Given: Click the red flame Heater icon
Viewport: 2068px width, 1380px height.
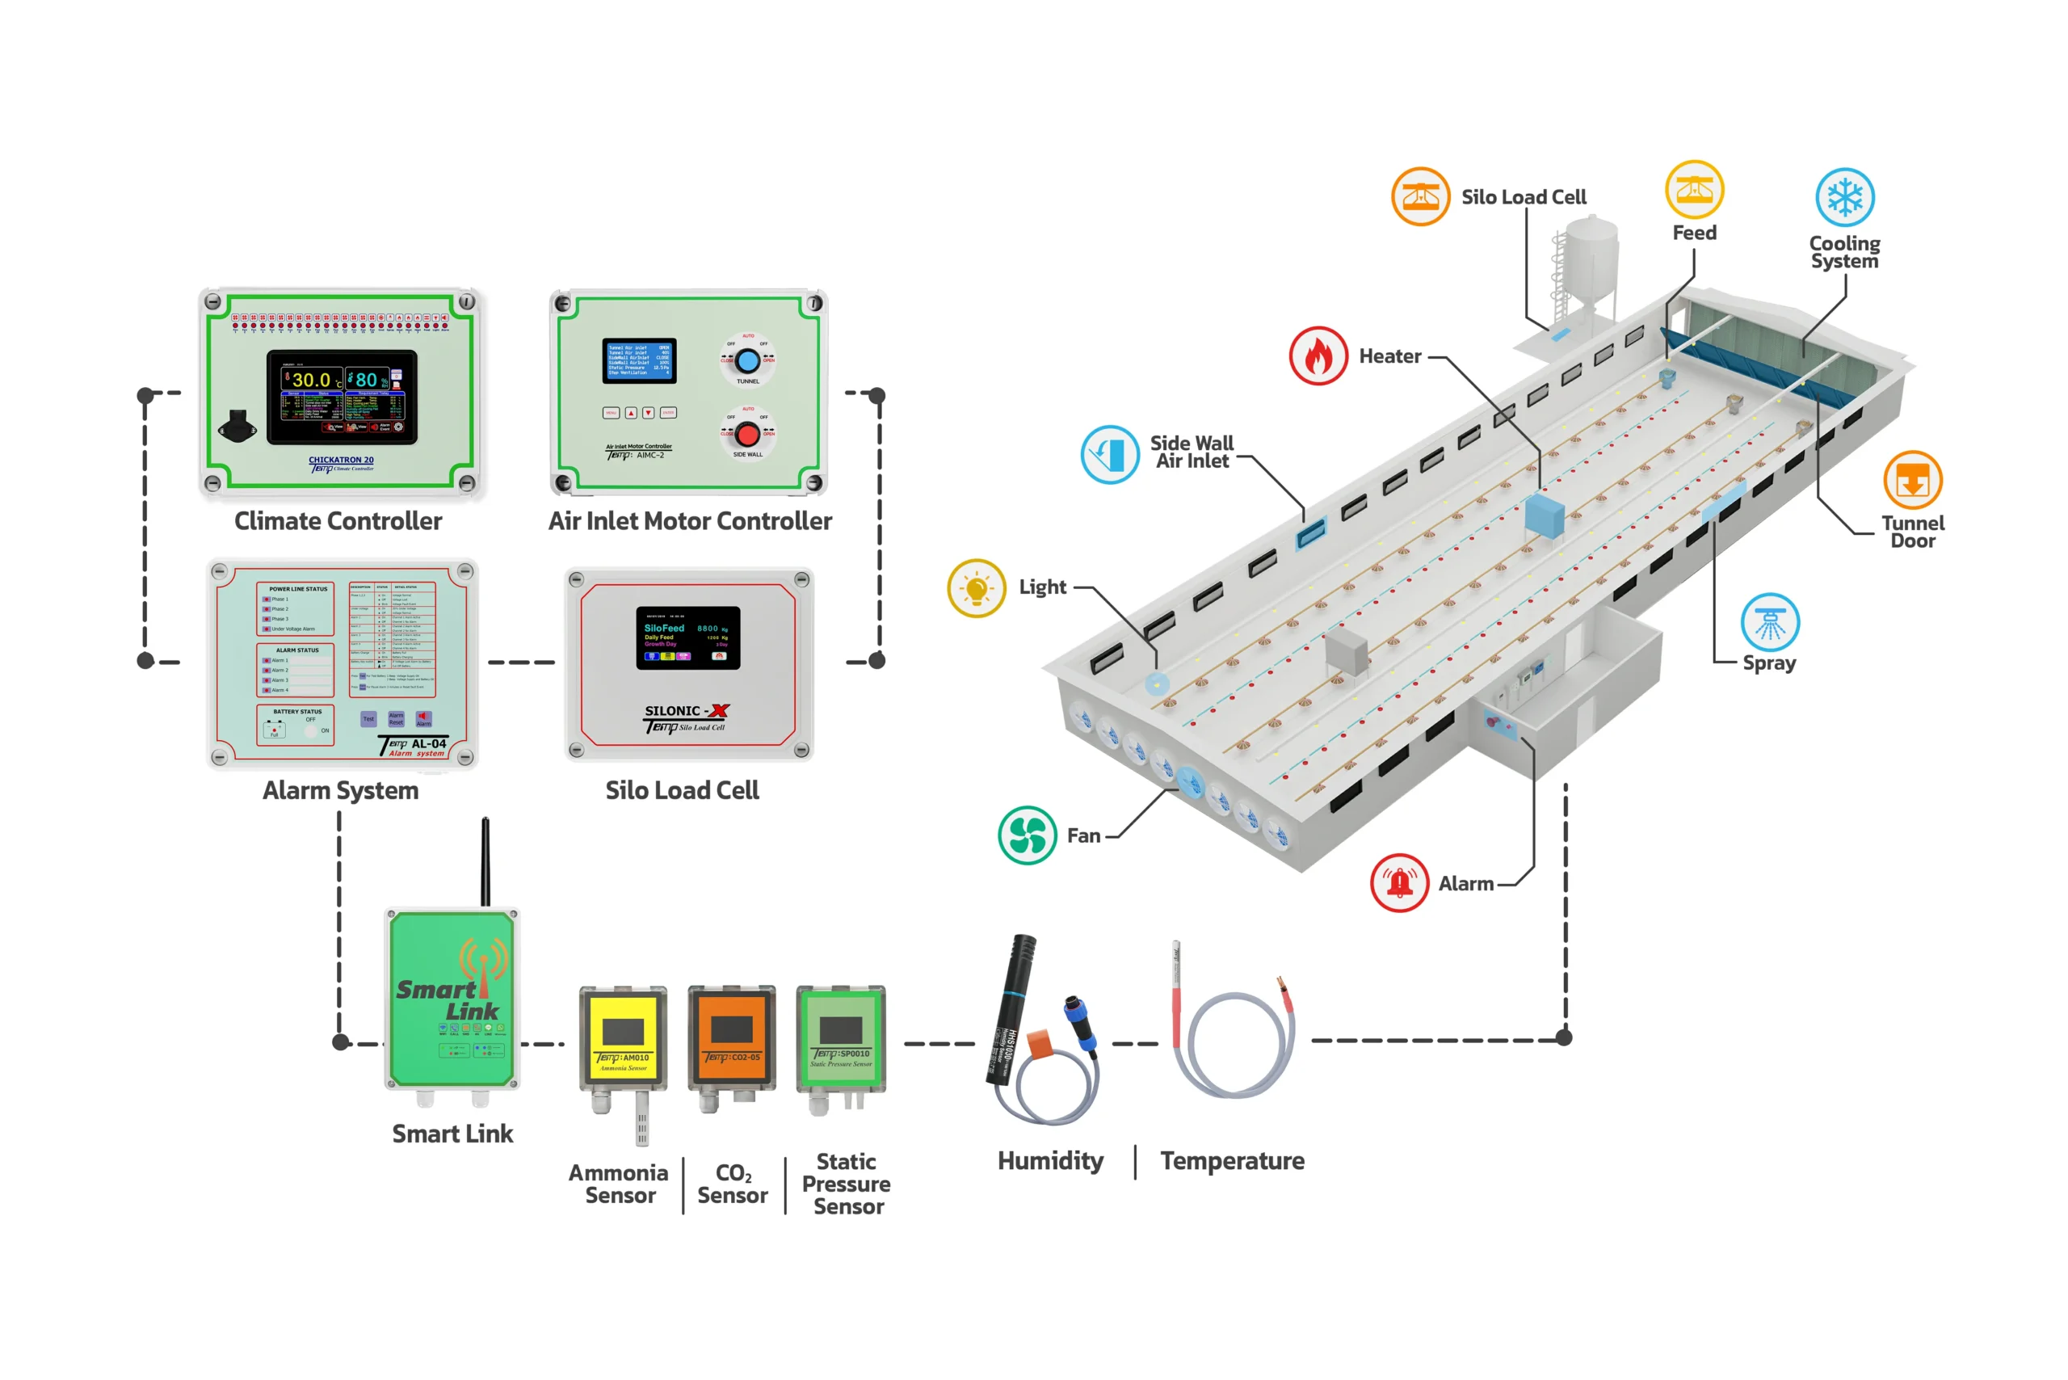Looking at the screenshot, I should click(1318, 356).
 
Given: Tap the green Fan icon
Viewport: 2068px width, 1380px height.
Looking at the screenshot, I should click(1027, 835).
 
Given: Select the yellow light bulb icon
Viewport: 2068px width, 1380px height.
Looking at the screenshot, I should click(976, 588).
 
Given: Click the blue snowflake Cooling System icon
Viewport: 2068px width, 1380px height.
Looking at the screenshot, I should click(1844, 197).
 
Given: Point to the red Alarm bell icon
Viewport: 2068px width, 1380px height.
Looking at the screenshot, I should click(1399, 883).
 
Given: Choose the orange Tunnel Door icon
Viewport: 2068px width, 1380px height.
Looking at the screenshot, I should click(1912, 481).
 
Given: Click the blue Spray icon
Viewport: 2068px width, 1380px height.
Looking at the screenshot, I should click(1770, 622).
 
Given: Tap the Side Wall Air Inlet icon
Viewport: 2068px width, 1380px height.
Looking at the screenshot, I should click(1110, 454).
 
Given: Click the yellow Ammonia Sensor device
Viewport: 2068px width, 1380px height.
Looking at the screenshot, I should click(623, 1037).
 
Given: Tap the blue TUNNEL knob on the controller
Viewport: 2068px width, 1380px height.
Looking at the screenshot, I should click(748, 361).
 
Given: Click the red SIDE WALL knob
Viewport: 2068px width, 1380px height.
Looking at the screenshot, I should click(748, 434).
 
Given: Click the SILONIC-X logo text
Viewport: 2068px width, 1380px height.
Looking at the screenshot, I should click(687, 711).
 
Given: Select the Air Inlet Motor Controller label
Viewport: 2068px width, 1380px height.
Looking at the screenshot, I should click(690, 521).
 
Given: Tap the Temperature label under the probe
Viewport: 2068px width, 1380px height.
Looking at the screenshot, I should click(1232, 1161).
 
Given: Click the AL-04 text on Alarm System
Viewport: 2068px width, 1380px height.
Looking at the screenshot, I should click(429, 743).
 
